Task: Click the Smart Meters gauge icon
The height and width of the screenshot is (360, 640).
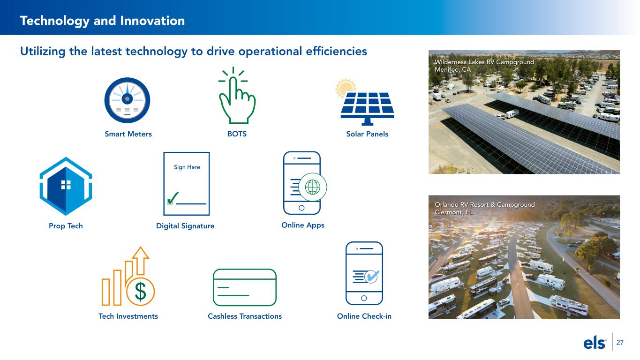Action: coord(127,100)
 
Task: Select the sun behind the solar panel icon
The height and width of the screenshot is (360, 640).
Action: coord(345,88)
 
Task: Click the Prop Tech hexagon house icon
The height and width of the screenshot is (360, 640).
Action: coord(66,186)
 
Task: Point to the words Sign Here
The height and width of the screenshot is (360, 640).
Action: coord(187,167)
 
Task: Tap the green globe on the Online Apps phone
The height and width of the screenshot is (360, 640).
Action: coord(313,187)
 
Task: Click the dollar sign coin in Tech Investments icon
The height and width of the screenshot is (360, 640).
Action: coord(140,292)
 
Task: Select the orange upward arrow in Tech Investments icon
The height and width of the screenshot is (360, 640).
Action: coord(140,261)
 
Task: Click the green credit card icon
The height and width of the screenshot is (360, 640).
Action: coord(245,287)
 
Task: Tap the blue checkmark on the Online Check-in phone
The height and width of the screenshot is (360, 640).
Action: coord(372,276)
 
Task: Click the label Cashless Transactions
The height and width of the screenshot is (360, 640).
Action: coord(245,316)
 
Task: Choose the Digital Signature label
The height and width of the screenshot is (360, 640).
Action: coord(185,226)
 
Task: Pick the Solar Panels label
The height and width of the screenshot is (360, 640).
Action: coord(367,134)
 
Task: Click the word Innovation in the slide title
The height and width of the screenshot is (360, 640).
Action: coord(152,21)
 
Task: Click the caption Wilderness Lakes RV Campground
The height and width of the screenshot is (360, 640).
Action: coord(484,62)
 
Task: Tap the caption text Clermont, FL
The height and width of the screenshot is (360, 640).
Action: coord(453,212)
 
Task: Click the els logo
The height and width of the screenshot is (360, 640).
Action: coord(595,342)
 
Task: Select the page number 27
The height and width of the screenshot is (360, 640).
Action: coord(620,342)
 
